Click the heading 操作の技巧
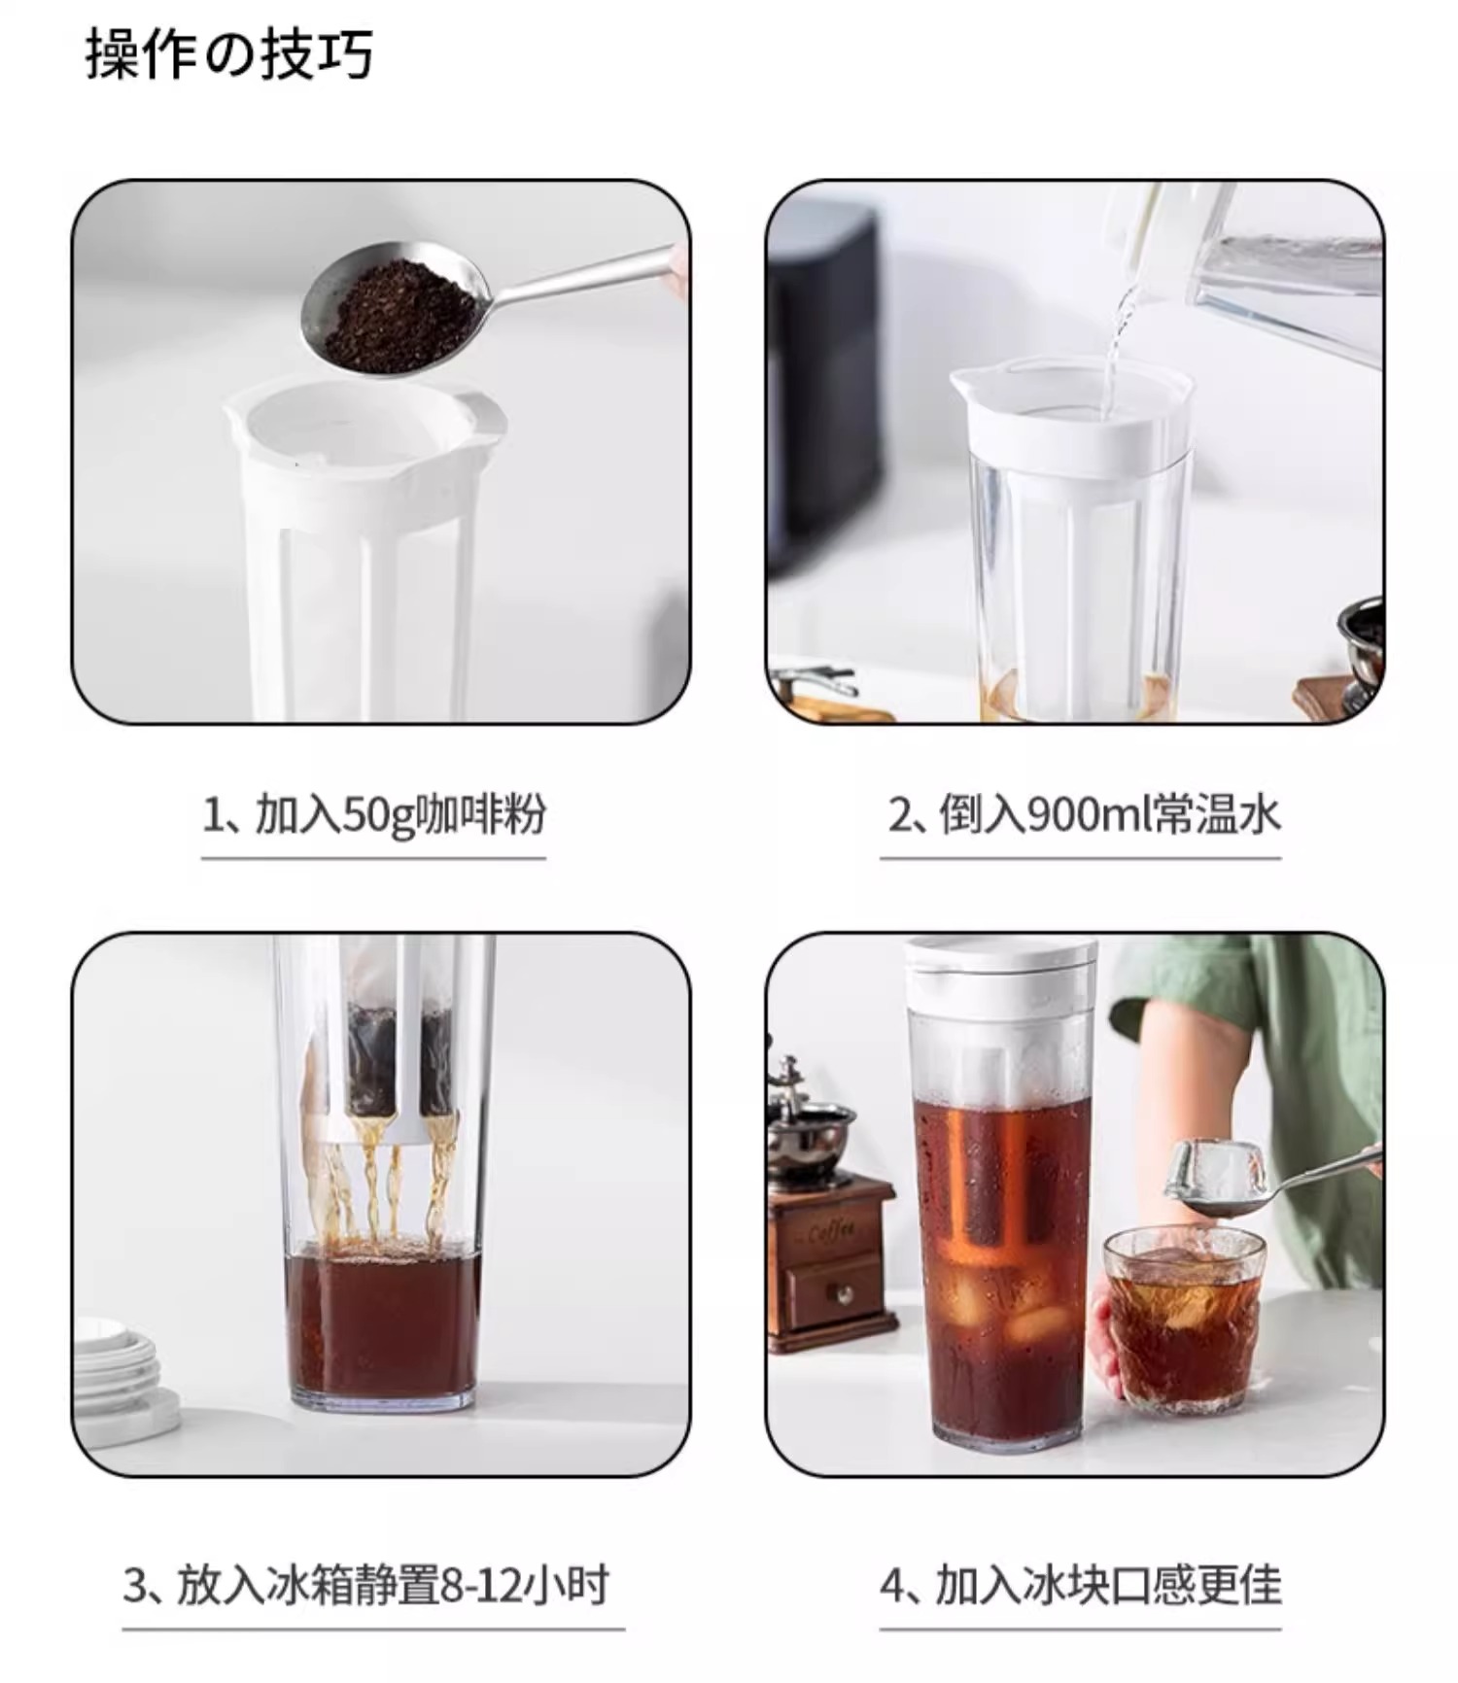229,53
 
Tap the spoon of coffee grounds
399,308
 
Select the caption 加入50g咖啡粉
399,814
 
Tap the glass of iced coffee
1183,1317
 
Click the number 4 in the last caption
892,1586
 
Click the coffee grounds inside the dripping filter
399,1059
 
